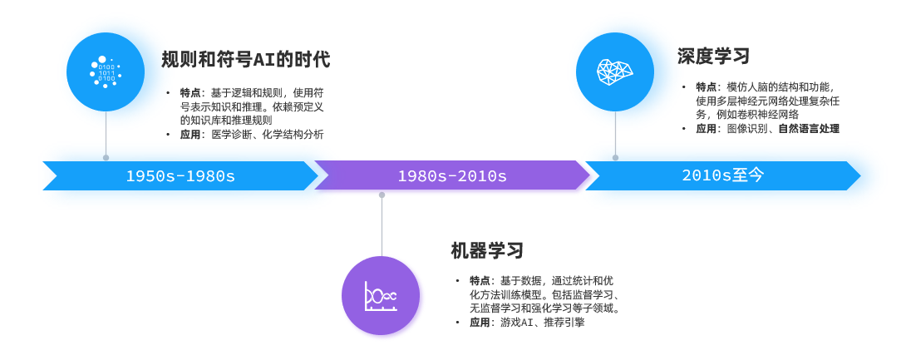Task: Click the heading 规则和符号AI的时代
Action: click(246, 60)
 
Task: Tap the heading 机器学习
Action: click(487, 251)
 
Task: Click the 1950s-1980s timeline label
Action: click(180, 176)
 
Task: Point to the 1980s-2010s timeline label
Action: click(452, 176)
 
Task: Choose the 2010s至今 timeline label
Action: click(723, 175)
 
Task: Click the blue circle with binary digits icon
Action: click(106, 72)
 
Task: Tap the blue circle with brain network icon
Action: click(615, 72)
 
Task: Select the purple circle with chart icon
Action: click(381, 296)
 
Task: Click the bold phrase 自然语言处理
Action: click(809, 129)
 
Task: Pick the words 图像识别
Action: click(748, 129)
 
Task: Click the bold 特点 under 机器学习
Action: click(480, 281)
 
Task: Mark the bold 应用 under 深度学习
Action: click(707, 129)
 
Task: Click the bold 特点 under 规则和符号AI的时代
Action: click(190, 92)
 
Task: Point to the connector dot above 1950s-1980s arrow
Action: click(106, 158)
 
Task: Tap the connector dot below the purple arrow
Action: click(382, 195)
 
